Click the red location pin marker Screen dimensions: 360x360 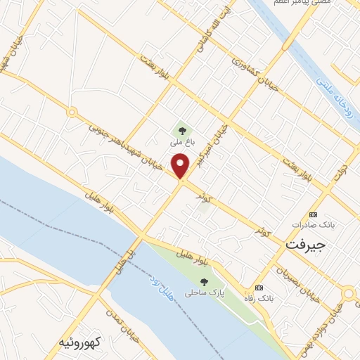pyautogui.click(x=181, y=167)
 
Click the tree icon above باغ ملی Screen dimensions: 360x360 pyautogui.click(x=182, y=130)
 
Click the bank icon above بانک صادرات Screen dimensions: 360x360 pyautogui.click(x=314, y=214)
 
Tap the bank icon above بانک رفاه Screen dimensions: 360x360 pyautogui.click(x=259, y=288)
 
